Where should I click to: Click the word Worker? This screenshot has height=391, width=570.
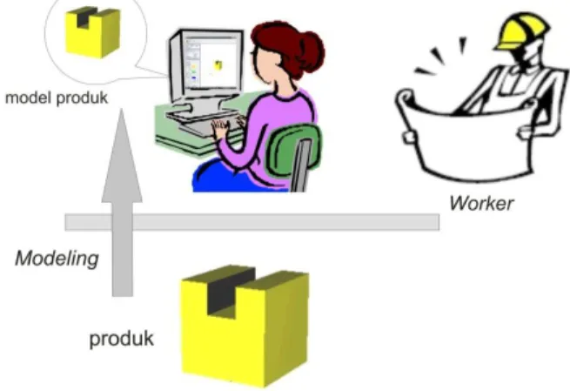point(481,203)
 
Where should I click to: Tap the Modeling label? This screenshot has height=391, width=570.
point(57,259)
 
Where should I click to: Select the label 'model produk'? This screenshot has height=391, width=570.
point(57,98)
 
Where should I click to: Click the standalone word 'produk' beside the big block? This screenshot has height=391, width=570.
point(122,339)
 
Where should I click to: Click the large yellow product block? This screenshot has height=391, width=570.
point(245,327)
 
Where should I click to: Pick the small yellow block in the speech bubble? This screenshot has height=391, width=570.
point(93,32)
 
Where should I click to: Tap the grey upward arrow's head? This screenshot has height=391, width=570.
point(122,156)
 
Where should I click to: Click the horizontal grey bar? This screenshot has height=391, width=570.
point(251,222)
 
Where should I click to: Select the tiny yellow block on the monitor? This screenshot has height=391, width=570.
point(218,65)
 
